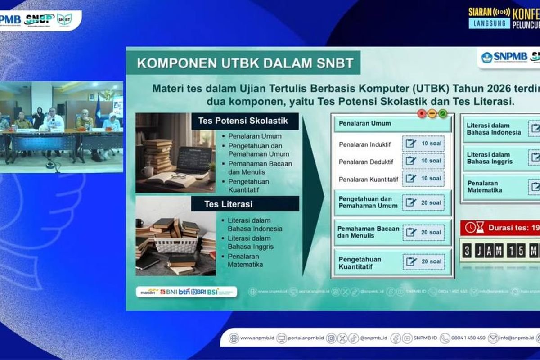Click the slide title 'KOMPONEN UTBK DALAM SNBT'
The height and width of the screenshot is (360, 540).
[x=245, y=63]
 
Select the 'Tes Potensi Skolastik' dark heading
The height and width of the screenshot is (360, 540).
[x=243, y=121]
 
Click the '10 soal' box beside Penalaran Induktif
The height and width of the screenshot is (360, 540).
[x=423, y=144]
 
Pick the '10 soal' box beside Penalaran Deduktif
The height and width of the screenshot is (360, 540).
[x=423, y=161]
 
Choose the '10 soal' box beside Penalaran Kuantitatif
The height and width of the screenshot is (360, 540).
[x=423, y=178]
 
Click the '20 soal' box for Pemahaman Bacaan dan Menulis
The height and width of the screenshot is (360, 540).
[x=423, y=232]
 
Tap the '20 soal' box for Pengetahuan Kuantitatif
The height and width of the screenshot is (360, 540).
[x=423, y=261]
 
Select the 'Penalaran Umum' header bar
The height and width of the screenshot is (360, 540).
[x=392, y=123]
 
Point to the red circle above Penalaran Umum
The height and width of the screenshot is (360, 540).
[x=422, y=113]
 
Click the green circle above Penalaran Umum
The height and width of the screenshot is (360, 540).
[x=442, y=113]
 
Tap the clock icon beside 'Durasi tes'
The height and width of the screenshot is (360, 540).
[x=470, y=228]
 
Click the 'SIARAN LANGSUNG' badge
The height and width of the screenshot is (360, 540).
[x=489, y=18]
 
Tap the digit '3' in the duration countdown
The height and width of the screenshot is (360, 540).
[x=467, y=250]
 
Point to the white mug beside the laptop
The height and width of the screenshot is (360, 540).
[x=147, y=171]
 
